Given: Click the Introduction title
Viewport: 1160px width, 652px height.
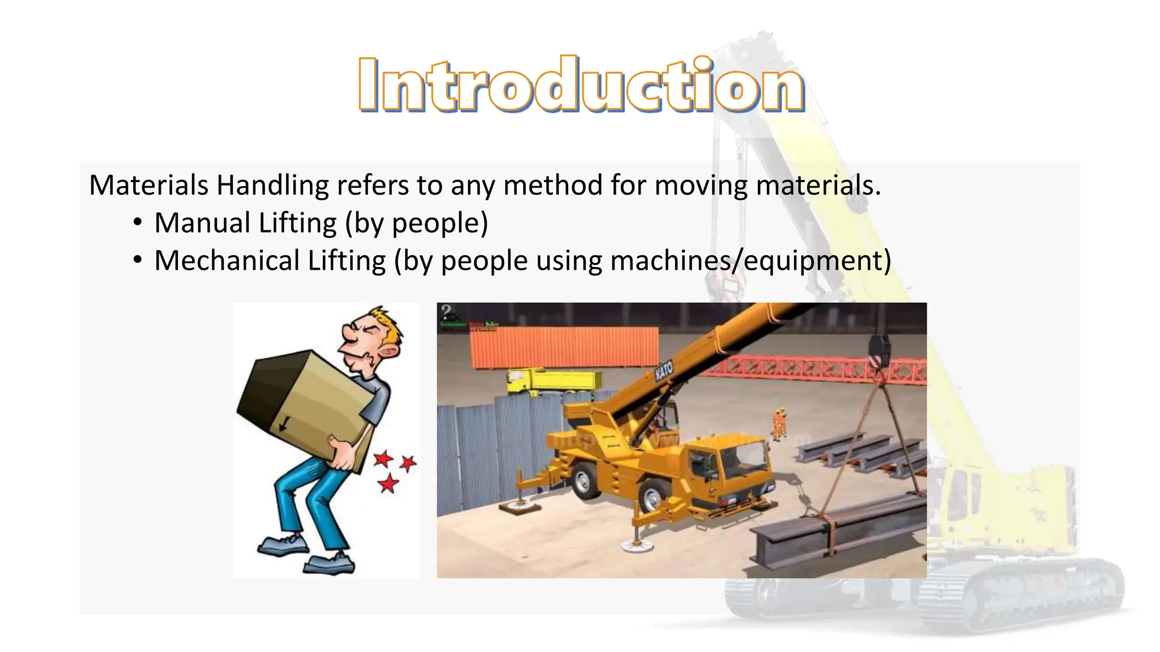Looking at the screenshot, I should (x=581, y=85).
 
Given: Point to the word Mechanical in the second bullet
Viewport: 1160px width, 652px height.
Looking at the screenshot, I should (x=227, y=261).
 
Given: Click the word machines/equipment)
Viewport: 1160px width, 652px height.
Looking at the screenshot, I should (x=750, y=261).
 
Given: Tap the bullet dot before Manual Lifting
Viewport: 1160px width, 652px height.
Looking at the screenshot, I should (x=137, y=223).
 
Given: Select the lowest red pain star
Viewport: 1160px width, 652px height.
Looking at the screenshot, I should (x=389, y=484).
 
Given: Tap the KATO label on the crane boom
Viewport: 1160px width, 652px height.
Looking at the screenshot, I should (x=663, y=371).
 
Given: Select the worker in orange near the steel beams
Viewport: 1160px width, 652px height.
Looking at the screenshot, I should (x=779, y=423).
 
